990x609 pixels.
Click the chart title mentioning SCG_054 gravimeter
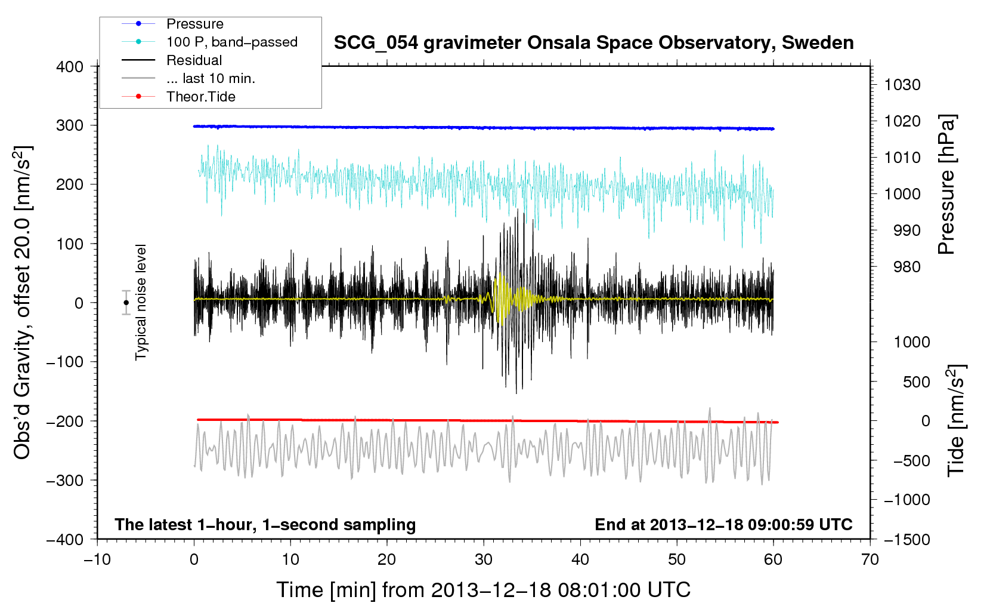(x=593, y=43)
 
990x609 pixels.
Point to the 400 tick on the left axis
(x=70, y=67)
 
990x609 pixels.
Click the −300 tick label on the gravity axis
(x=65, y=480)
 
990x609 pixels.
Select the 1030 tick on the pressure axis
(x=902, y=85)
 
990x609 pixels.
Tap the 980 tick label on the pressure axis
(x=907, y=267)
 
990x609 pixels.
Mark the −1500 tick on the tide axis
(x=907, y=540)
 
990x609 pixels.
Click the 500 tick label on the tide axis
(x=917, y=382)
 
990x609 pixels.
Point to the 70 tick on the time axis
(x=870, y=559)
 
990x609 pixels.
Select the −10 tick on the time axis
(x=97, y=559)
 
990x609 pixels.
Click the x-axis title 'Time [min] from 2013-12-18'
(x=483, y=590)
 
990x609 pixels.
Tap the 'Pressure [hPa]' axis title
(x=946, y=184)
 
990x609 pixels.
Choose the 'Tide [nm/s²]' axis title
(x=955, y=420)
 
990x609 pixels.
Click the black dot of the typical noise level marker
(x=126, y=303)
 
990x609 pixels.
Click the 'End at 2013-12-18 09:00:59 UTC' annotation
(x=723, y=524)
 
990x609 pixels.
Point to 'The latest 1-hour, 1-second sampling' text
(x=265, y=525)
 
